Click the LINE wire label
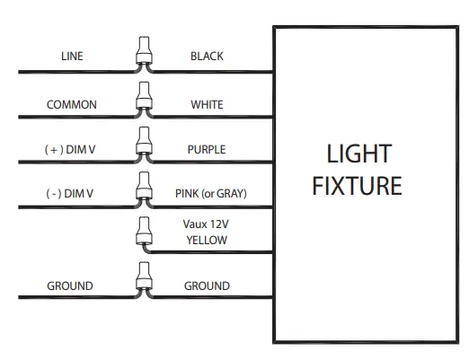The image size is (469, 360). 72,57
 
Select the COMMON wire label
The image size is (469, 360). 72,105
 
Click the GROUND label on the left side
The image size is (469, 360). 70,286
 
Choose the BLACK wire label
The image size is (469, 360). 207,57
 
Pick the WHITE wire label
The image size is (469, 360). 207,105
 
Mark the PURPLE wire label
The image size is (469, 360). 207,150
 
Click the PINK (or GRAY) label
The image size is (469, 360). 210,193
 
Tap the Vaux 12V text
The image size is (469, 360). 207,224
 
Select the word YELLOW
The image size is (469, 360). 207,240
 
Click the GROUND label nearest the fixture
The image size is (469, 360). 207,286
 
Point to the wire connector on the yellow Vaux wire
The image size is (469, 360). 142,233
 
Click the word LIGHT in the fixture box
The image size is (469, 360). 358,154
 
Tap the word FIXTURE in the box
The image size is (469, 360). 358,187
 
